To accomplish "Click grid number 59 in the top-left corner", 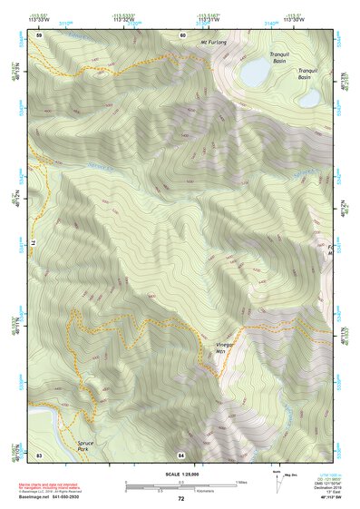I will click(39, 34).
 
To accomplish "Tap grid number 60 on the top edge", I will click(182, 34).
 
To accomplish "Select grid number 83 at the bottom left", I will click(39, 453).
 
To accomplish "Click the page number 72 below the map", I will click(181, 499).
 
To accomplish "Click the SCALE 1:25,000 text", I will click(181, 473).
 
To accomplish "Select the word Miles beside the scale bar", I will click(242, 482).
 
